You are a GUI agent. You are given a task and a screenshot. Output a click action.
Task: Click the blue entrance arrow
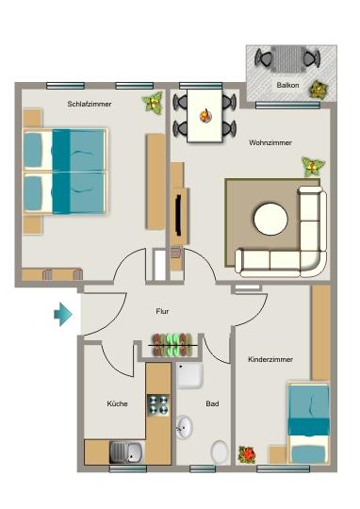tap(63, 314)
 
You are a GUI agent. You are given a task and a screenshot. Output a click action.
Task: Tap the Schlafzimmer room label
tap(90, 105)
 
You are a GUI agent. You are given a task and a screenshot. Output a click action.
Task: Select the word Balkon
tap(288, 86)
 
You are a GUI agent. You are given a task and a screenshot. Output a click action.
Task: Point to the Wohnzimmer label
tap(270, 142)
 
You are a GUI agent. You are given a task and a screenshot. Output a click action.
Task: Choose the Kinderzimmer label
tap(270, 360)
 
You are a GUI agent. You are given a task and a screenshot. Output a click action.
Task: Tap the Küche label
tap(118, 403)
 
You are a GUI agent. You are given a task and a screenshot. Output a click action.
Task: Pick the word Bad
tap(213, 403)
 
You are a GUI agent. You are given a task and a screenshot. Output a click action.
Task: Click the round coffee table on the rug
tap(270, 219)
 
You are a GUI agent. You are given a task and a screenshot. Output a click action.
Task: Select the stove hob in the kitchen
tap(158, 406)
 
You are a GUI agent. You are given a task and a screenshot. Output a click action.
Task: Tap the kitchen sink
tap(126, 452)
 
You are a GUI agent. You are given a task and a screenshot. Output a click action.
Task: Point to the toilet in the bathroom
tap(220, 452)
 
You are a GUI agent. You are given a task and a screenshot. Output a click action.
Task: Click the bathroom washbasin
tap(185, 429)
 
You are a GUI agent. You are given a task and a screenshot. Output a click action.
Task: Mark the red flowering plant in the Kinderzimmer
tap(248, 454)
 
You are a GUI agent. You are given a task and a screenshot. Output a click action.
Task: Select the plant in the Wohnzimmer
tap(311, 167)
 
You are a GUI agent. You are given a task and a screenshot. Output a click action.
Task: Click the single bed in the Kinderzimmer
tap(308, 423)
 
